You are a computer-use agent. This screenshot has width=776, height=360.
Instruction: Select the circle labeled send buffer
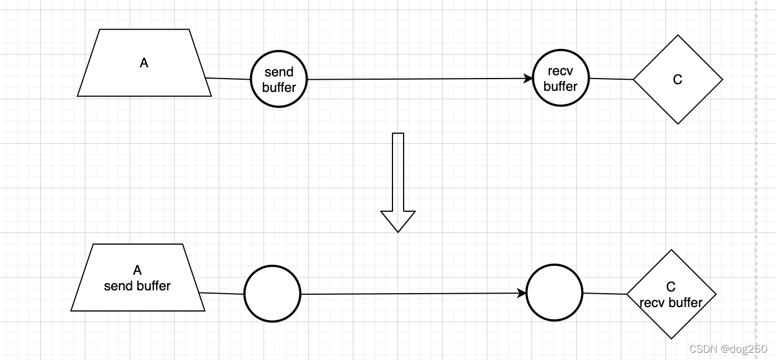pos(279,79)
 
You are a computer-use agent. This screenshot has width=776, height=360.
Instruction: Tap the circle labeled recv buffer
pos(561,79)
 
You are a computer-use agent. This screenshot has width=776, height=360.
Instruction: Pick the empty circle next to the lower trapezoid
pos(272,294)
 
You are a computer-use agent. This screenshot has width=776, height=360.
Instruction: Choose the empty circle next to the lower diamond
pos(554,293)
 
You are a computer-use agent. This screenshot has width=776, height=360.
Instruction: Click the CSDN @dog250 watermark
pos(728,349)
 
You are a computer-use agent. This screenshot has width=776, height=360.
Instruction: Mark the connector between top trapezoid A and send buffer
pos(228,79)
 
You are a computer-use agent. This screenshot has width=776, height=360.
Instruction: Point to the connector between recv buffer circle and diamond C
pos(611,79)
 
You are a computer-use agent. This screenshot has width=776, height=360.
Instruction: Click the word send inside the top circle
pos(279,72)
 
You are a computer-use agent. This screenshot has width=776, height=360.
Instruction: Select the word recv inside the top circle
pos(561,71)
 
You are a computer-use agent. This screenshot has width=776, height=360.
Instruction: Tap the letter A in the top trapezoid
pos(144,63)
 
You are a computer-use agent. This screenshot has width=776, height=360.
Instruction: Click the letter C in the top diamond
pos(678,80)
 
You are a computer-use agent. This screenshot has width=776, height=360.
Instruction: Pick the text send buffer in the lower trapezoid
pos(137,286)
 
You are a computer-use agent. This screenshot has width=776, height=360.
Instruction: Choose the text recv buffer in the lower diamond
pos(671,303)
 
